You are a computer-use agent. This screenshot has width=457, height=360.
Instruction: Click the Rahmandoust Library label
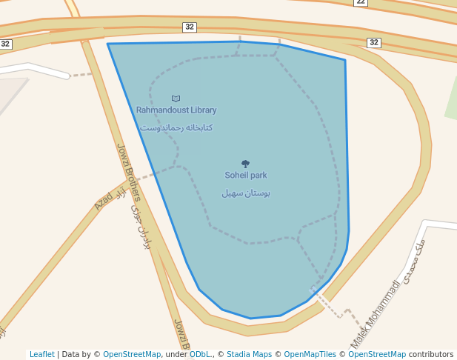(176, 110)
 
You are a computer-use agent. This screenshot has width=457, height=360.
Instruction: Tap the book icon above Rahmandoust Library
(176, 99)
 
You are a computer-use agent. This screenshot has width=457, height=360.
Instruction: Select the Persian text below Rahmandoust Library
(176, 127)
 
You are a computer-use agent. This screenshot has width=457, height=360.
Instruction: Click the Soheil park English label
(246, 176)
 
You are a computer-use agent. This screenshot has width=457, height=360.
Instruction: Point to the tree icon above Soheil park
(245, 164)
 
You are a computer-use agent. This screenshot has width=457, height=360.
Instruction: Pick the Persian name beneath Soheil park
(246, 193)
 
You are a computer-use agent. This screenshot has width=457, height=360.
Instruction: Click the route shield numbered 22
(361, 2)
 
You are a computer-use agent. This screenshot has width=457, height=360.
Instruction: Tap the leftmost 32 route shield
(5, 44)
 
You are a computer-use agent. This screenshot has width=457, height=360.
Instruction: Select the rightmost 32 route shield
(374, 43)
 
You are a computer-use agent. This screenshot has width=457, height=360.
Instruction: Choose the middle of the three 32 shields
(190, 27)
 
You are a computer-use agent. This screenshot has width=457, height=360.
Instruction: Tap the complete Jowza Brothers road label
(128, 173)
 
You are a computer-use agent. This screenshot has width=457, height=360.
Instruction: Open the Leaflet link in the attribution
(42, 355)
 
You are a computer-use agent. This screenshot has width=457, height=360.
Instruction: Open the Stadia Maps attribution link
(249, 355)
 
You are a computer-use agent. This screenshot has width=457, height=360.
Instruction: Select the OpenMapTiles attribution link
(310, 355)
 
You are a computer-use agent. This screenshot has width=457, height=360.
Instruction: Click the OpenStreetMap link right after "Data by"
(132, 355)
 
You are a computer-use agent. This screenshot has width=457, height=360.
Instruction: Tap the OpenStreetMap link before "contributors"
(377, 355)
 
